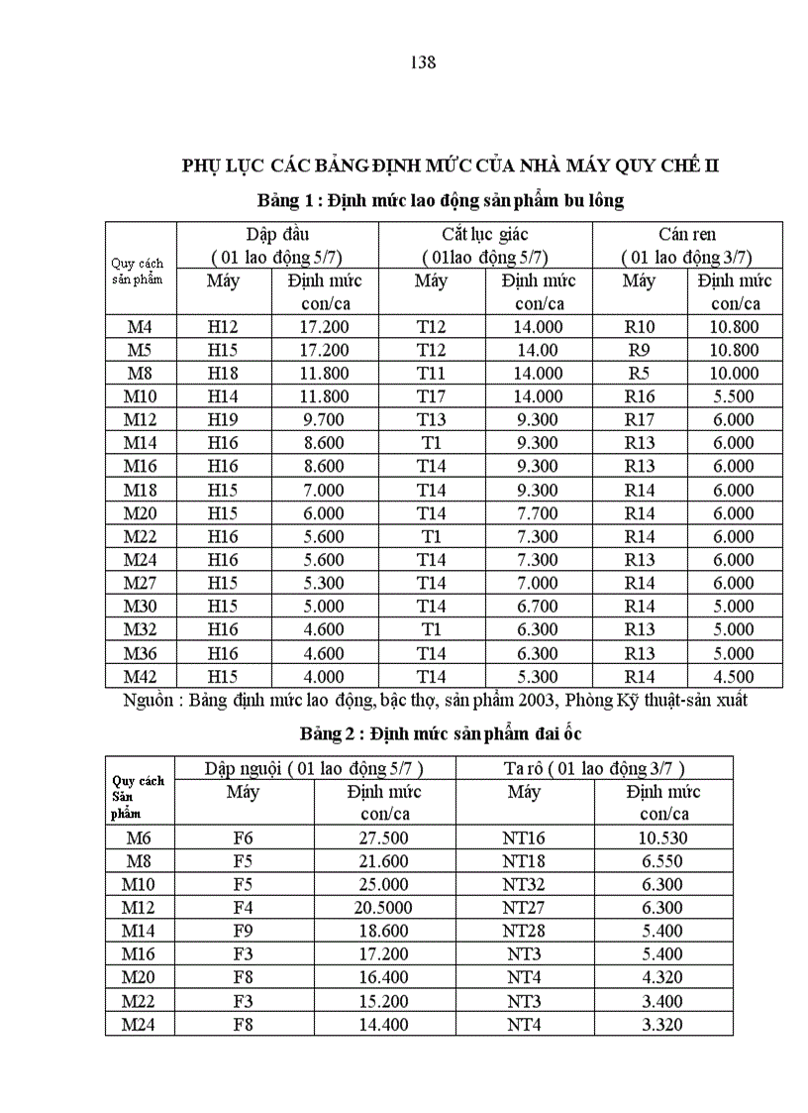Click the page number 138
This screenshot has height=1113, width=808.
coord(423,62)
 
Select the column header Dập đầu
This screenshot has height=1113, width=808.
coord(277,235)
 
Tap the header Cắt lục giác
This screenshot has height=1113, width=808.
coord(484,235)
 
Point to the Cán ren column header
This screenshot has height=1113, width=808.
coord(687,235)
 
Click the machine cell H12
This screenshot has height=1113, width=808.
coord(223,326)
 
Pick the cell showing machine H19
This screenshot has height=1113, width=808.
coord(223,419)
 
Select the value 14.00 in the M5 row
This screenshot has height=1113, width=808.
coord(539,350)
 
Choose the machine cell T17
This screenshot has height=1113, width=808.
coord(431,396)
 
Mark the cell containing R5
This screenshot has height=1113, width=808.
coord(639,374)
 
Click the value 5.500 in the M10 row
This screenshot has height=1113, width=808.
coord(734,396)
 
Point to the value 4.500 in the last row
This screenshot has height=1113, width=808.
coord(734,677)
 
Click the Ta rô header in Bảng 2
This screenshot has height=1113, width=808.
coord(526,768)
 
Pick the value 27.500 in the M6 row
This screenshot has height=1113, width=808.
coord(383,837)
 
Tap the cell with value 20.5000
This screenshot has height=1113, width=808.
coord(383,908)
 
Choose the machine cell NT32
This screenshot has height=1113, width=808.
coord(524,884)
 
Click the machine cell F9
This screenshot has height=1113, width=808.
coord(244,931)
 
